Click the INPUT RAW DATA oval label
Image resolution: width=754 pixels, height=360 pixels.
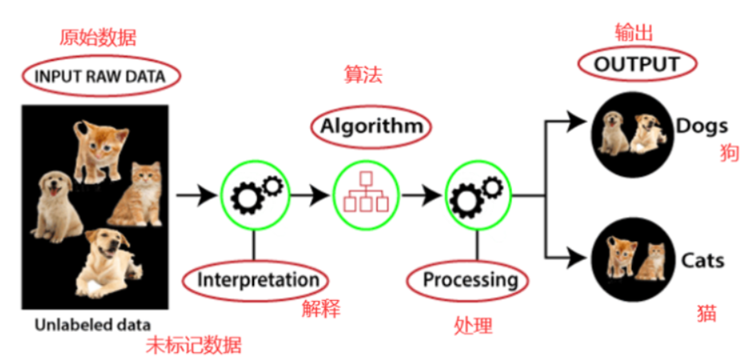(x=100, y=77)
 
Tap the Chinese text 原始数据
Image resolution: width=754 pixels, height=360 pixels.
(x=98, y=38)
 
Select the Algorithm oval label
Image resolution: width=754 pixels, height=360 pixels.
(x=370, y=126)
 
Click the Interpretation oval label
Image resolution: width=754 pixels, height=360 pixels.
(x=257, y=280)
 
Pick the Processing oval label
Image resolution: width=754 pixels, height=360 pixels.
(x=469, y=280)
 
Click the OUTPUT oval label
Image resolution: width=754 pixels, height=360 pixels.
(x=635, y=65)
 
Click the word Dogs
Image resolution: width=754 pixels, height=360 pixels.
(x=701, y=126)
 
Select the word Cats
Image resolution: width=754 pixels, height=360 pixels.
(x=702, y=260)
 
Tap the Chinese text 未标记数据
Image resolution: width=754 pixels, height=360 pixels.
(x=194, y=346)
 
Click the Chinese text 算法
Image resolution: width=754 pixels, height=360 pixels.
(x=363, y=76)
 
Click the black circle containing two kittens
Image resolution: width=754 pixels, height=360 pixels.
(x=632, y=259)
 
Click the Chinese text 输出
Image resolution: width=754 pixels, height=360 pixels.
(x=634, y=33)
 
